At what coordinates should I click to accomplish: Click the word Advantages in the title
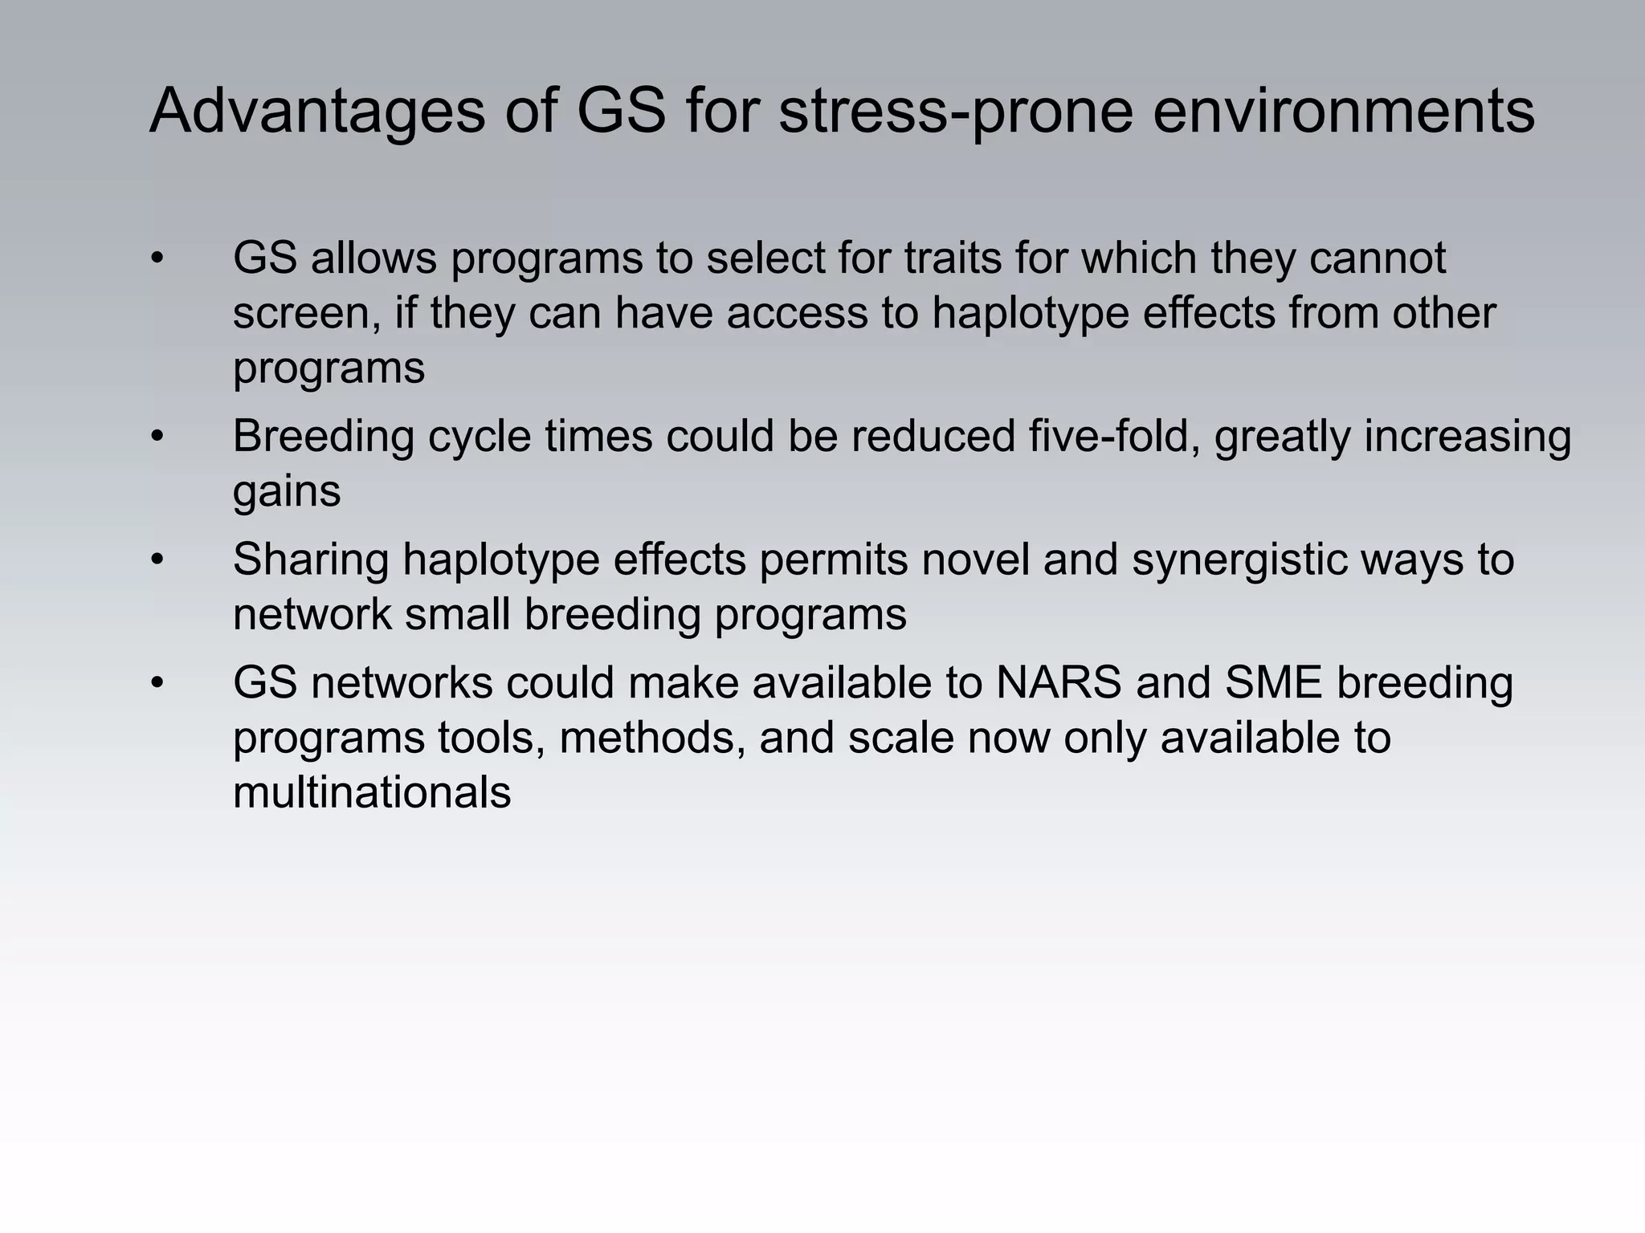[317, 111]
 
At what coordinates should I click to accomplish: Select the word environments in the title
[1344, 111]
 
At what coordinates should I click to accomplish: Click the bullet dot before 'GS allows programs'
[157, 258]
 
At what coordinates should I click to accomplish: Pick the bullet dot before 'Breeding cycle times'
[157, 437]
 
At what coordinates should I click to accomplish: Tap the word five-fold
[1114, 437]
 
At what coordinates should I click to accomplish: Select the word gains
[287, 491]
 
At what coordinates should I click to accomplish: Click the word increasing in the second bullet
[1467, 437]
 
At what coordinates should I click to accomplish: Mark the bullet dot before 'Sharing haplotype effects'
[157, 560]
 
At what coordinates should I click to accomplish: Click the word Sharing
[311, 560]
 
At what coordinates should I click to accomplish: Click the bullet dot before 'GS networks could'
[157, 683]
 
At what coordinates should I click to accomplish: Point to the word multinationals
[372, 792]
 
